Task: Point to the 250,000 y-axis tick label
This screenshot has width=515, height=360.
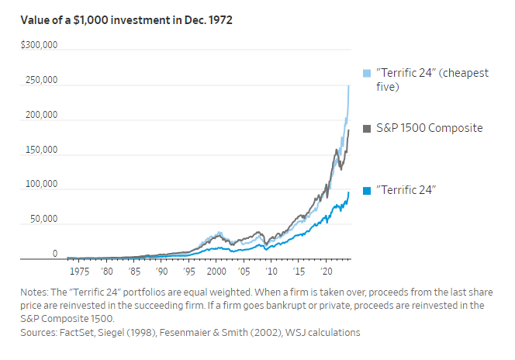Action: (40, 81)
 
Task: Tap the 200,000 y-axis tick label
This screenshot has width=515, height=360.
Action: (40, 116)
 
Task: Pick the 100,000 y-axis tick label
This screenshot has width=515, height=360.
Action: (40, 185)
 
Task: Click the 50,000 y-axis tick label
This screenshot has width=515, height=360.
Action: (43, 220)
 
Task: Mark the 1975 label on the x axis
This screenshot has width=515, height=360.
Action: (80, 272)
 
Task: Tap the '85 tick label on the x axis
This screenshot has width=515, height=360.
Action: (135, 272)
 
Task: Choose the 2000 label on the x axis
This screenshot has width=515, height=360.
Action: (216, 272)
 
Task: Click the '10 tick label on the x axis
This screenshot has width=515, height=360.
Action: (271, 272)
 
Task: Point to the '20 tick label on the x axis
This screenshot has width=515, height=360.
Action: (325, 272)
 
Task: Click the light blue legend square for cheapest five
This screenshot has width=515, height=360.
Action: (368, 73)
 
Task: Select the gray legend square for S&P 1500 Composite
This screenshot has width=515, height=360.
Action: (368, 128)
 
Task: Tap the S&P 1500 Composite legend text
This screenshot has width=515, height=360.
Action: (429, 128)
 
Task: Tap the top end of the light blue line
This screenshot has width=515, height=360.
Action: (349, 85)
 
